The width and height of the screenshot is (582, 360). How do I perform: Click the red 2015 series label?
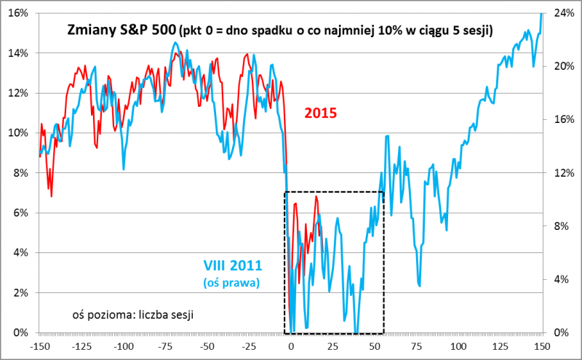pyautogui.click(x=322, y=113)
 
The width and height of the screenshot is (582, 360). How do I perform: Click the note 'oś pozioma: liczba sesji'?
pyautogui.click(x=134, y=314)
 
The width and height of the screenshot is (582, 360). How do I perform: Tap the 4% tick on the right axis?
pyautogui.click(x=562, y=280)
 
